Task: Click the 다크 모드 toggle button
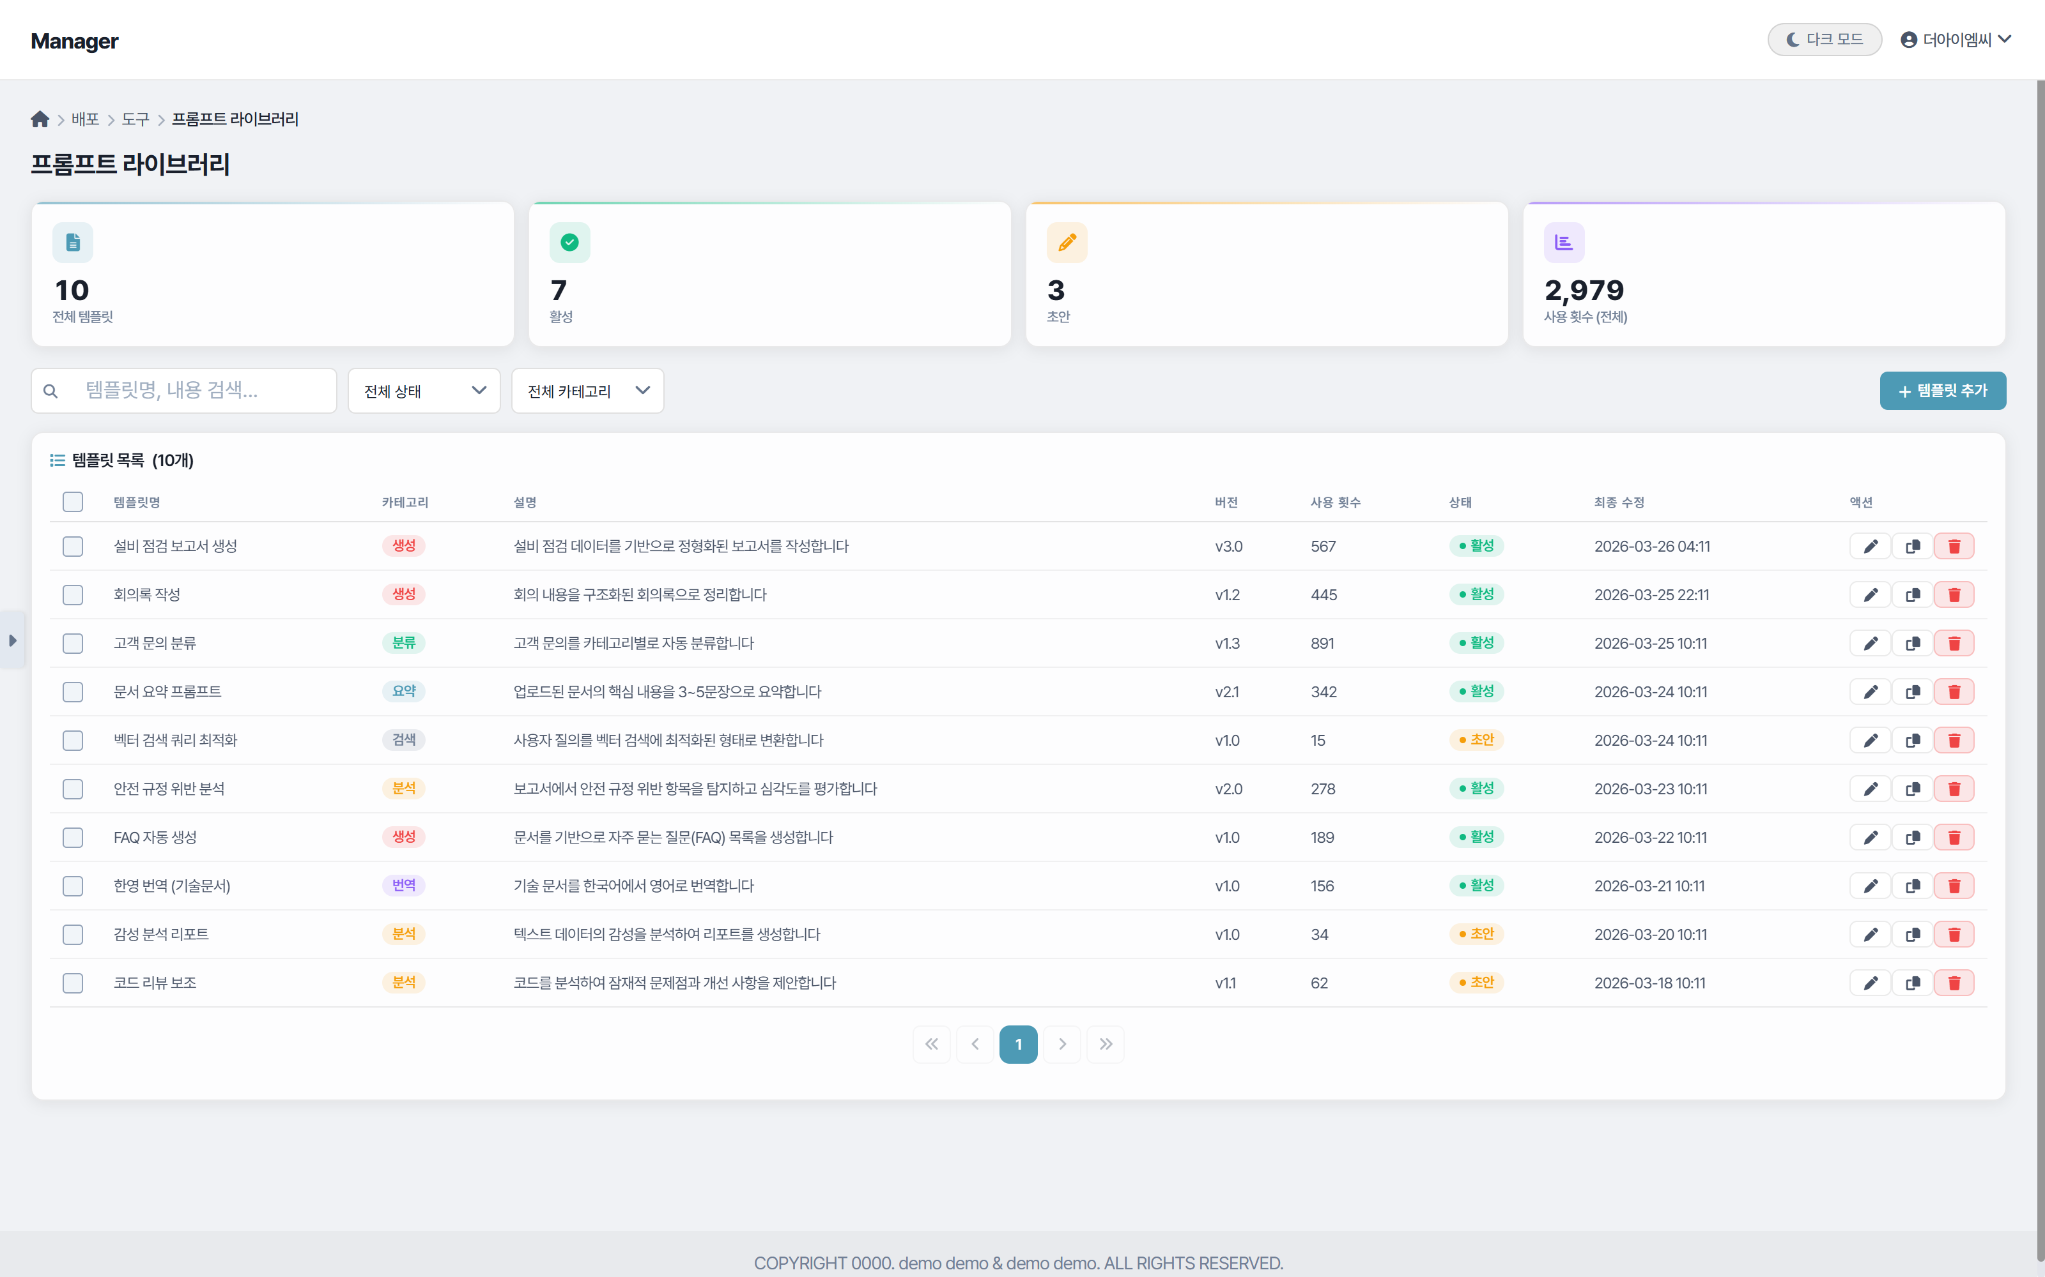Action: [x=1824, y=40]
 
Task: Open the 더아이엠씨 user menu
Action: [x=1956, y=40]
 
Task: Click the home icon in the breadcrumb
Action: [x=40, y=119]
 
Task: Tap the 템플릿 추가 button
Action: [x=1942, y=391]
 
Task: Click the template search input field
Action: [x=194, y=391]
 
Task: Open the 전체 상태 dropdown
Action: [x=424, y=391]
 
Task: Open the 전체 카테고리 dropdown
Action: [x=587, y=391]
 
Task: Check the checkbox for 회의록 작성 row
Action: [x=73, y=594]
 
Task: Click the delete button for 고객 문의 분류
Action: [x=1954, y=644]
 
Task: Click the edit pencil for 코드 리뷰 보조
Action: [x=1870, y=983]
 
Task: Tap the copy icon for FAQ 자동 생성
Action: [x=1912, y=838]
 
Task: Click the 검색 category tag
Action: [x=403, y=741]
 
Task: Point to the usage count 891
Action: [x=1322, y=644]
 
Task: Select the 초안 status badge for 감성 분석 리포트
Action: [x=1476, y=934]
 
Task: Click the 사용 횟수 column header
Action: [x=1335, y=502]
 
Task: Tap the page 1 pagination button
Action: [x=1018, y=1045]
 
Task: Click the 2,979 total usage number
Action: [x=1584, y=291]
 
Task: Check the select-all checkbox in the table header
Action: [x=73, y=502]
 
